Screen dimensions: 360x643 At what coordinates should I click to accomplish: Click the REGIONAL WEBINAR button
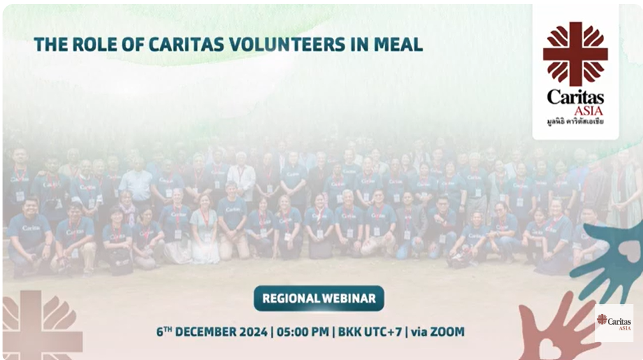[319, 298]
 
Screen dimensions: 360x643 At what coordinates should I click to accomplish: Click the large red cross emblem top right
[575, 54]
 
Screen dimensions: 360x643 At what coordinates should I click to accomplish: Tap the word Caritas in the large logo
[575, 97]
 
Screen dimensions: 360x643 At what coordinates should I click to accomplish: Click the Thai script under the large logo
[575, 121]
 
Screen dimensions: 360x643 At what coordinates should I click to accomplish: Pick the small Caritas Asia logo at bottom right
[614, 322]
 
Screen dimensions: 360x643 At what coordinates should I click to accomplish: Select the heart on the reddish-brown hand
[550, 348]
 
